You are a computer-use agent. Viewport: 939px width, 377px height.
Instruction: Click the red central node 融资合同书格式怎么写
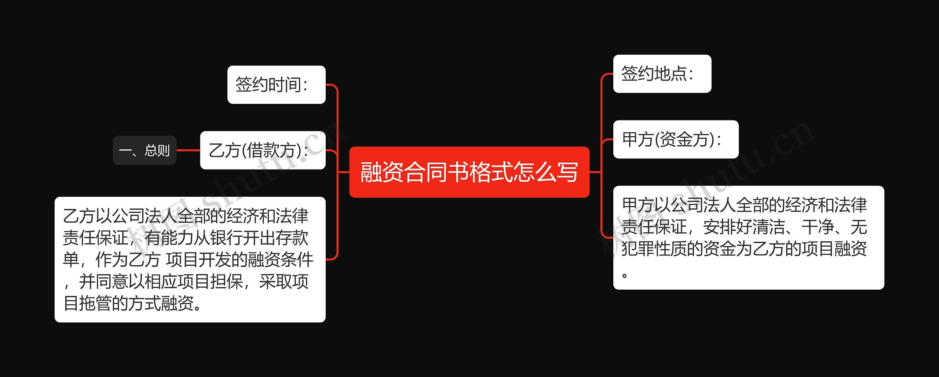(x=469, y=172)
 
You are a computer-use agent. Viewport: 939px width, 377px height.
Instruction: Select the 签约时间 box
(x=276, y=85)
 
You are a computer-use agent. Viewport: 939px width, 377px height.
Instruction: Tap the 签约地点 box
(x=662, y=74)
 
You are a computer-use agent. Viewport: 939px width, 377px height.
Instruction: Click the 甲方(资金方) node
(x=676, y=139)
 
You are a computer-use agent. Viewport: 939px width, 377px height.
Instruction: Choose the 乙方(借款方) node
(x=263, y=151)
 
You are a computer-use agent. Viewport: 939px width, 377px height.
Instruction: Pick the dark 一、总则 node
(x=145, y=151)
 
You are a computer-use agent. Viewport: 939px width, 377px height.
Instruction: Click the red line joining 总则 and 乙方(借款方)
(x=188, y=151)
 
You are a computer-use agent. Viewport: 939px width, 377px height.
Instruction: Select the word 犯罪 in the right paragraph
(x=638, y=249)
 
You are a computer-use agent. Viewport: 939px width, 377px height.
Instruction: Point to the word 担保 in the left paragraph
(x=226, y=282)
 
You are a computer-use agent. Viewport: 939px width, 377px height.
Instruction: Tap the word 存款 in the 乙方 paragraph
(x=292, y=238)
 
